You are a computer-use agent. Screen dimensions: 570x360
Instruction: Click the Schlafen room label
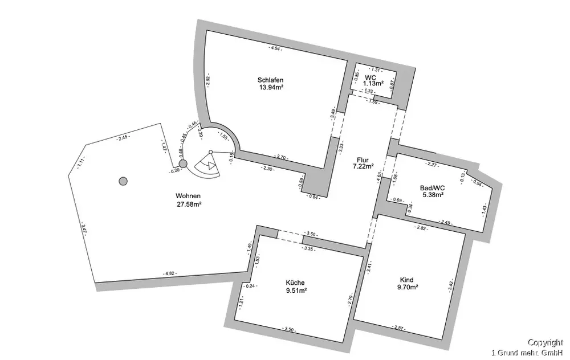pos(271,80)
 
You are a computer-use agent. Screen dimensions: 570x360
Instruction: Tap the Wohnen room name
pos(189,195)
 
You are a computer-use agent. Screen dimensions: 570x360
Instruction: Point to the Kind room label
pos(407,280)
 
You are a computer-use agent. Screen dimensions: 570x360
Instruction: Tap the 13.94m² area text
pos(271,87)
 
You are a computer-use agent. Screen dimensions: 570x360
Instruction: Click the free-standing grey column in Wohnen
pos(123,181)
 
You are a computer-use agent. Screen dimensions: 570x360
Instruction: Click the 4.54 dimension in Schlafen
pos(276,48)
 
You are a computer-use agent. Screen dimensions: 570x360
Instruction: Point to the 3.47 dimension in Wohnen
pos(84,230)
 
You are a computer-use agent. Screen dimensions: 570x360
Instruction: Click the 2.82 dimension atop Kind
pos(421,228)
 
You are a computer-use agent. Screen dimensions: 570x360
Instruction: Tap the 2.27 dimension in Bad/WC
pos(431,165)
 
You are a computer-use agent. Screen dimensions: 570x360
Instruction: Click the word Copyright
pos(545,342)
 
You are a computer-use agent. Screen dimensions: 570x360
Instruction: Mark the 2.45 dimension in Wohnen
pos(123,137)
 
